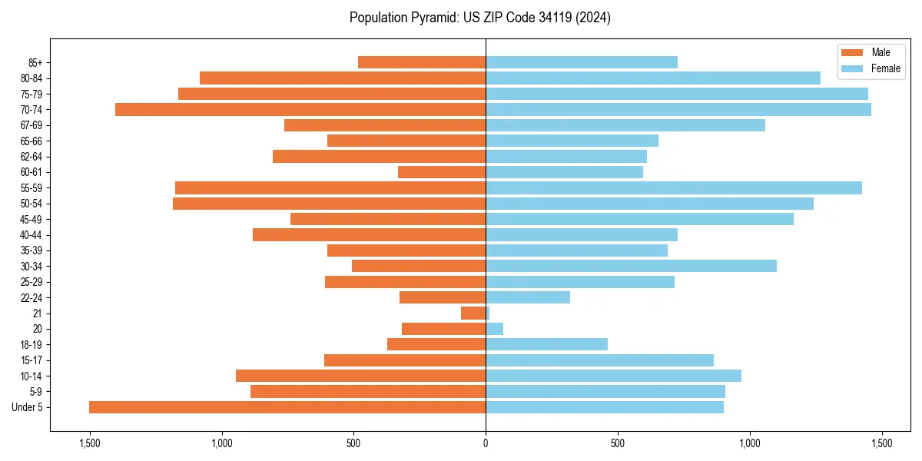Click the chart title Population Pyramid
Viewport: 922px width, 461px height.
point(479,18)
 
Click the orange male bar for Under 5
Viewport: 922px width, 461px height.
point(287,407)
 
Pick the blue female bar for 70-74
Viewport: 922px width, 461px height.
point(678,110)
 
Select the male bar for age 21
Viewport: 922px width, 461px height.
point(473,313)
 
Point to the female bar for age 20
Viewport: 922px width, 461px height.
point(494,329)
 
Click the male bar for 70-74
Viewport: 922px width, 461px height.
point(300,110)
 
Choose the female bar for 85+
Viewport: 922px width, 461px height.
point(582,62)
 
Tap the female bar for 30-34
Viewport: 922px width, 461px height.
point(631,266)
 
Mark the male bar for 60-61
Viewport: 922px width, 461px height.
point(442,172)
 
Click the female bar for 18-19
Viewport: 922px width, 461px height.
point(546,344)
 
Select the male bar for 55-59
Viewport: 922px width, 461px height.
point(330,188)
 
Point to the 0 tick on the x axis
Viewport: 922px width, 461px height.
point(486,444)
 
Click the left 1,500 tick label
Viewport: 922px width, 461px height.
point(90,444)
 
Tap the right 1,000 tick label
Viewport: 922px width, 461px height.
point(750,444)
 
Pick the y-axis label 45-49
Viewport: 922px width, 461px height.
point(31,220)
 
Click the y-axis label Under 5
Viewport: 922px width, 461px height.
point(27,407)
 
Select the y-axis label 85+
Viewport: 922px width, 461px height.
point(34,63)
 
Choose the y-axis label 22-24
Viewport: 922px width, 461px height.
point(31,298)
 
